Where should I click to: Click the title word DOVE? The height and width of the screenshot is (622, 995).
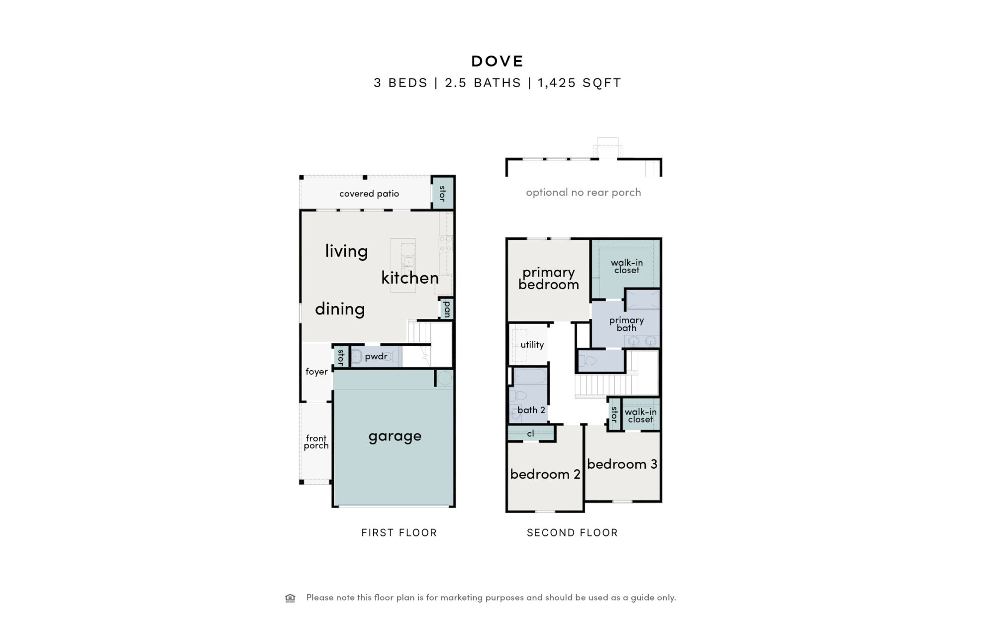point(497,61)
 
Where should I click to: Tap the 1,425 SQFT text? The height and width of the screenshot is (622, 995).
point(580,83)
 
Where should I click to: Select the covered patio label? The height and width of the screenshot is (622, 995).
point(369,194)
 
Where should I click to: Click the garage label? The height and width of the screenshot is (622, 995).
point(395,436)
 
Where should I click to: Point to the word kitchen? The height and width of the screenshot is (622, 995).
point(410,277)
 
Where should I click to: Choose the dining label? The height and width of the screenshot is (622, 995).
point(340,309)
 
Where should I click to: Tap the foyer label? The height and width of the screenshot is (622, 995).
point(316,372)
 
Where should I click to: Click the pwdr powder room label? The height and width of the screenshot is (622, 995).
point(376,356)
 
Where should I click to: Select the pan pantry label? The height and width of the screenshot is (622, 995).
point(447,309)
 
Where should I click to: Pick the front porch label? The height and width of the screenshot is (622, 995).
point(316,442)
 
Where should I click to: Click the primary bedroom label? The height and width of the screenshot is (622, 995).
point(549,279)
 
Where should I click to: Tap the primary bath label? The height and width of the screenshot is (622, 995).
point(626,324)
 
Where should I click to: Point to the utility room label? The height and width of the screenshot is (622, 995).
point(532,344)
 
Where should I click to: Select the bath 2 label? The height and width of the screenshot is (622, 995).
point(531,410)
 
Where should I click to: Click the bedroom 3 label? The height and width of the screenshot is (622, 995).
point(622,464)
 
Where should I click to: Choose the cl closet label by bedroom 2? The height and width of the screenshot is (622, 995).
point(530,433)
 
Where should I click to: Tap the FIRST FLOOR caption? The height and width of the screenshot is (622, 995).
point(399,532)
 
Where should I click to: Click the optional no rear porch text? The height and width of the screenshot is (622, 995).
point(584,193)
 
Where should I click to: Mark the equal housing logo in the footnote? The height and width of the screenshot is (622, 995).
point(290,598)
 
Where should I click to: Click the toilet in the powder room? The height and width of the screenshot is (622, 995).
point(356,356)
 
